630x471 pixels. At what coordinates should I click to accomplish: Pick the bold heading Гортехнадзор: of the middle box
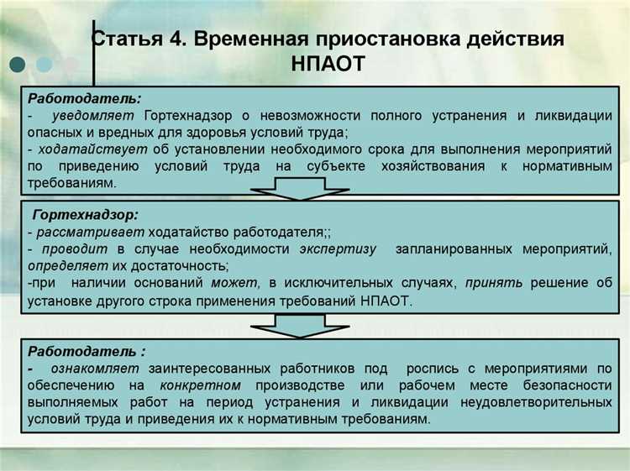click(x=86, y=215)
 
